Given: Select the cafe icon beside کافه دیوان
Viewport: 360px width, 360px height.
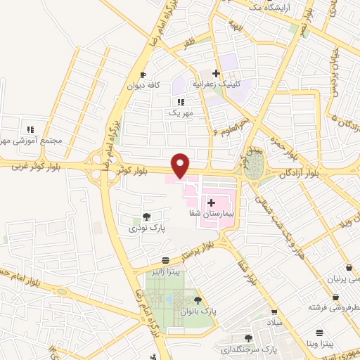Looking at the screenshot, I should pos(143,75).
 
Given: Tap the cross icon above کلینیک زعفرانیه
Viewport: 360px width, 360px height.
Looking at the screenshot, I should pos(217,73).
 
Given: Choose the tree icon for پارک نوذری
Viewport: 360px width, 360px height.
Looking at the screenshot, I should pos(146,217).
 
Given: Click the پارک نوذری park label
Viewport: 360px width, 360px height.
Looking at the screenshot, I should pos(143,228).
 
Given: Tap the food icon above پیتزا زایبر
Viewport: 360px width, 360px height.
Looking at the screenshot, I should pos(165,259).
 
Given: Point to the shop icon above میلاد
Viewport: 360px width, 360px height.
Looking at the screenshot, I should pos(275,312).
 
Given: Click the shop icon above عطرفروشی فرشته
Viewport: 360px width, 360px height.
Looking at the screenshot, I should pos(318,297).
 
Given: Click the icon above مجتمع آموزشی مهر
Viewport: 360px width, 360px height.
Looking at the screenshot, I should pos(30,129).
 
